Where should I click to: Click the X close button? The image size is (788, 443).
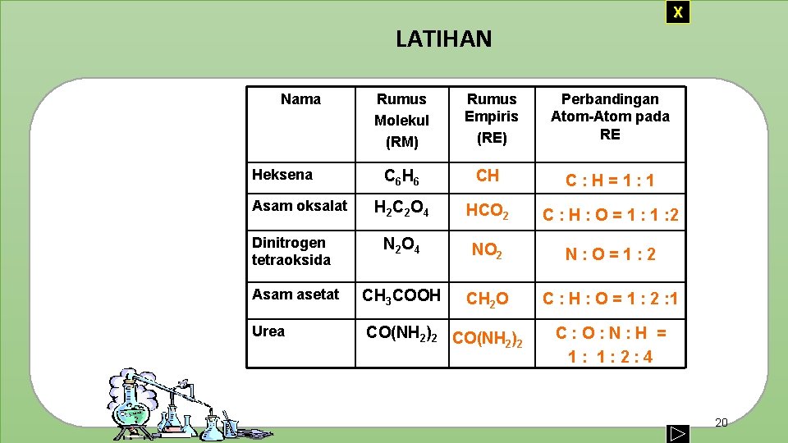click(677, 12)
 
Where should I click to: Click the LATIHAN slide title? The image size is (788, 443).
click(443, 39)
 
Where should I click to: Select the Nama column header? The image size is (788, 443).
click(300, 99)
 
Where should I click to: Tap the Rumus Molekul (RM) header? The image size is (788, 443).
click(401, 120)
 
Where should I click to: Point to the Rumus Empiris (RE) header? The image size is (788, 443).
click(491, 118)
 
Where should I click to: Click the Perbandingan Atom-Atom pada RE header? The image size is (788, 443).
click(610, 116)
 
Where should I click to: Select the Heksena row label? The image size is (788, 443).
click(282, 175)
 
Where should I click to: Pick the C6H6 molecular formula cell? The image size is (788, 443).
click(401, 176)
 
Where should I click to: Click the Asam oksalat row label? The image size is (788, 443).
click(300, 206)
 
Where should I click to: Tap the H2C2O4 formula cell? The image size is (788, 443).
click(401, 209)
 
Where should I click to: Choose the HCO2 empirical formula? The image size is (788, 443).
click(488, 212)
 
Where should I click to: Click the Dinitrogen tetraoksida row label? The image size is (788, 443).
click(291, 251)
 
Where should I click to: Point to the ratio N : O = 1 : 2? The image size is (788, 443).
click(610, 254)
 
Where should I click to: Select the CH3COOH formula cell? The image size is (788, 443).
click(401, 295)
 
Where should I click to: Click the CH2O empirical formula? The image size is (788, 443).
click(488, 299)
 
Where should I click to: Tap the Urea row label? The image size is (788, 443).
click(268, 331)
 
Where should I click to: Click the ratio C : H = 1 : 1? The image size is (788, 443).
click(609, 180)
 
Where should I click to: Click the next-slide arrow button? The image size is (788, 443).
click(677, 432)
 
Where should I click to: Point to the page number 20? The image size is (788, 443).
click(722, 422)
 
